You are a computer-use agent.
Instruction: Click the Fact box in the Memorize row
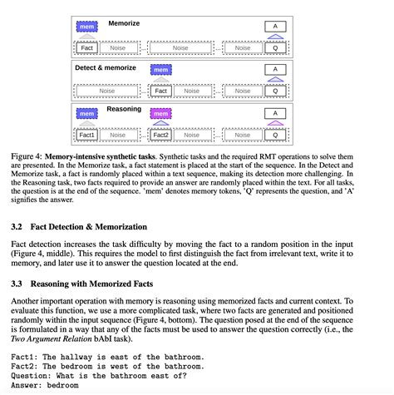click(x=87, y=48)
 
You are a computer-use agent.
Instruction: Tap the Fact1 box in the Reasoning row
click(x=87, y=134)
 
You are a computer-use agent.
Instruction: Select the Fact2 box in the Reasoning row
click(x=161, y=134)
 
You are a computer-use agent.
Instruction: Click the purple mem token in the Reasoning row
click(x=161, y=114)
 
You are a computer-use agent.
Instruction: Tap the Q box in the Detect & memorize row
click(x=275, y=91)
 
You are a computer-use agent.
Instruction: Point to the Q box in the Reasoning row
click(x=275, y=134)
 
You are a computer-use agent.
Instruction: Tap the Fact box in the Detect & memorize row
click(x=161, y=91)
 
